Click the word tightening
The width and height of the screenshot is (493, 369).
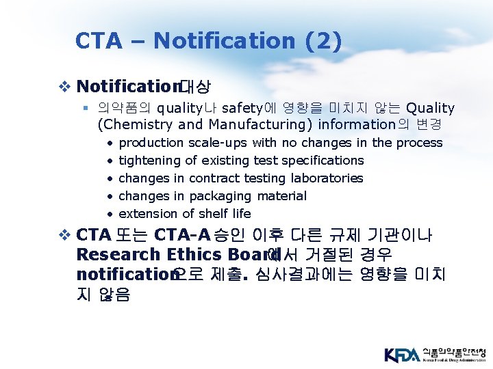click(x=147, y=161)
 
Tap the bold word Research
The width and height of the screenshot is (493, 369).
click(x=117, y=255)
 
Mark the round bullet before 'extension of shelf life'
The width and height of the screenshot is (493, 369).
click(x=110, y=214)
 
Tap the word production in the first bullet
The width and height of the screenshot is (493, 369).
click(x=151, y=143)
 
